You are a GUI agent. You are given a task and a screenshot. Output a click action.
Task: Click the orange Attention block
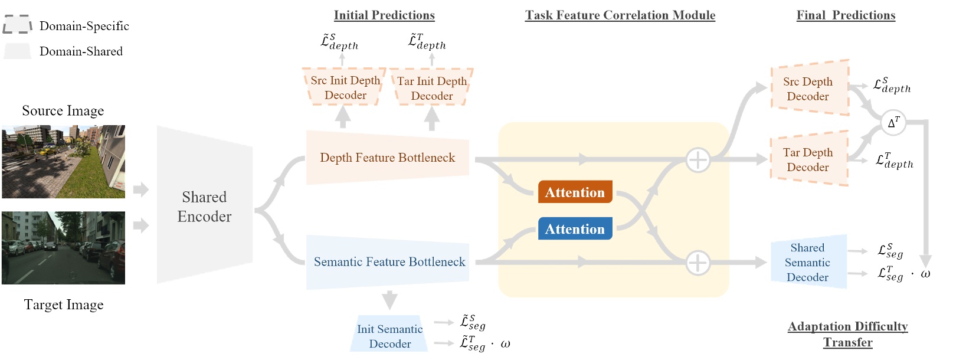[x=575, y=192]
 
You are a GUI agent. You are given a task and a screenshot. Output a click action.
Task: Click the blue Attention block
[x=575, y=228]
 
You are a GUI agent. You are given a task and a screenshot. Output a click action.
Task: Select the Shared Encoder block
[x=204, y=206]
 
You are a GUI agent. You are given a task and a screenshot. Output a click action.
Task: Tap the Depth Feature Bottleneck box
[x=387, y=158]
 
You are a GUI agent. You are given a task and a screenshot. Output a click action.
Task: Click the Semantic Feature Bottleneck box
[x=388, y=261]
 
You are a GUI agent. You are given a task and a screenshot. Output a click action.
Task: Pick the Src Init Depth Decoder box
[x=345, y=87]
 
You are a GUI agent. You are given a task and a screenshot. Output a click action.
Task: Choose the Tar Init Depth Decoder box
[x=431, y=88]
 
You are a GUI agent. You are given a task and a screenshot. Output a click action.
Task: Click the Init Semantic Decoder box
[x=389, y=335]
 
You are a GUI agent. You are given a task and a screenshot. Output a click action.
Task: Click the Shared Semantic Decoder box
[x=808, y=262]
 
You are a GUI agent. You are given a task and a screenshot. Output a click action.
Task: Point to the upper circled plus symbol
[x=698, y=159]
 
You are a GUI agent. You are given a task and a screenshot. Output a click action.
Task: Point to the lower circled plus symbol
[x=698, y=263]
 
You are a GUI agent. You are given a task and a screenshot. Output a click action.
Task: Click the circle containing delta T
[x=893, y=123]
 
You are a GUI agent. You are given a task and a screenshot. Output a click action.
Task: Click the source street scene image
[x=63, y=161]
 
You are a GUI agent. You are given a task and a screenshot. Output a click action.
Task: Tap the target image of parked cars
[x=63, y=247]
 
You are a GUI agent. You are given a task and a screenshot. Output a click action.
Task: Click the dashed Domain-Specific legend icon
[x=17, y=24]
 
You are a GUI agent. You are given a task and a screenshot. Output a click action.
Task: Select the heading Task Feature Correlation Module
[x=620, y=15]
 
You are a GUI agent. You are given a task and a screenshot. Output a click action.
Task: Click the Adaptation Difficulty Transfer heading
[x=847, y=334]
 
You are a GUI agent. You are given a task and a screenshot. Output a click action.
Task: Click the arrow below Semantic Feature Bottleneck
[x=389, y=300]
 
